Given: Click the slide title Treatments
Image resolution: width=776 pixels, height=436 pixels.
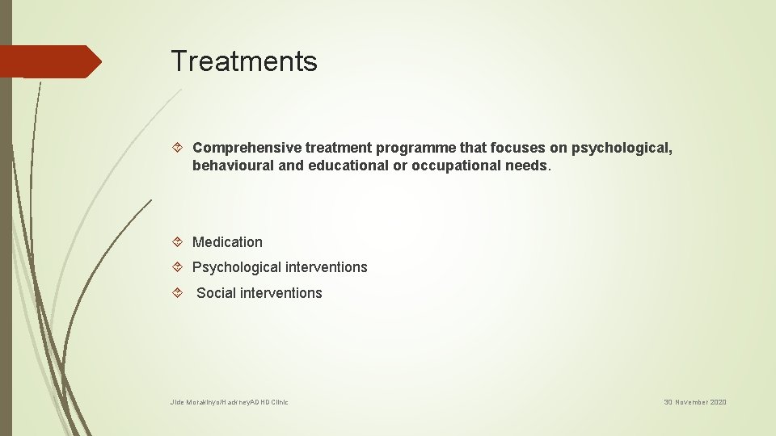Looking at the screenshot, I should click(243, 61).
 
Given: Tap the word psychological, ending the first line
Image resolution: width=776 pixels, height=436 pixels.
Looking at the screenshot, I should click(622, 148).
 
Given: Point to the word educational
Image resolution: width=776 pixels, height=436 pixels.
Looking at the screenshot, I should click(351, 166).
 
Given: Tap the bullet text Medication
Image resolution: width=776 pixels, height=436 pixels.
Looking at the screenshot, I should click(227, 242).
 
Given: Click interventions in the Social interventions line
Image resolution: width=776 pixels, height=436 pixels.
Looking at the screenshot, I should click(280, 293).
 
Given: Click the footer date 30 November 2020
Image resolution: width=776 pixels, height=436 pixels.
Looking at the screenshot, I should click(695, 402).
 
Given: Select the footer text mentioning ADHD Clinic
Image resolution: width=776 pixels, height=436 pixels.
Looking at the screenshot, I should click(229, 402).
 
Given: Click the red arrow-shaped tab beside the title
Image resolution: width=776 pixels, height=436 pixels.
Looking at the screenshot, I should click(50, 61).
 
